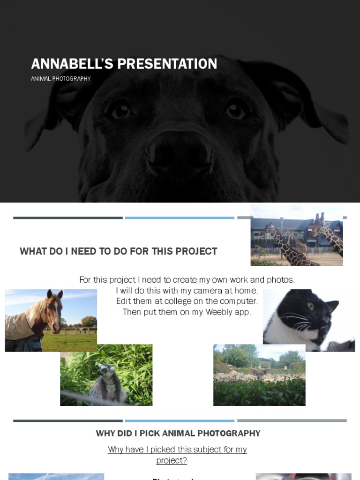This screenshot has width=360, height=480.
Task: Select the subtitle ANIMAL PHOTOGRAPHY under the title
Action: pyautogui.click(x=61, y=79)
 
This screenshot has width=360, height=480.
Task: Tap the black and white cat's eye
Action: pyautogui.click(x=311, y=306)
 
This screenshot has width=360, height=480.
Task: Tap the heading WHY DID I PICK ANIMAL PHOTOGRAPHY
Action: pyautogui.click(x=178, y=434)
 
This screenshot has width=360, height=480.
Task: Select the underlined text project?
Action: pyautogui.click(x=172, y=460)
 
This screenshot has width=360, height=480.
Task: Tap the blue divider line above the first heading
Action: pyautogui.click(x=180, y=218)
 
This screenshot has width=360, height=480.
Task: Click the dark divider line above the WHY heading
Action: pyautogui.click(x=68, y=421)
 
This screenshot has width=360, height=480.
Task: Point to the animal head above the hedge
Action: pyautogui.click(x=259, y=373)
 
